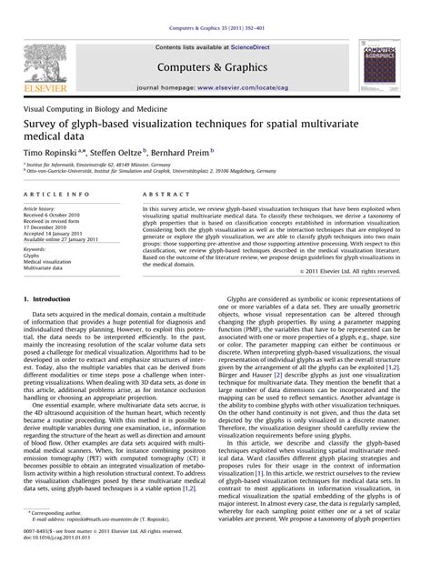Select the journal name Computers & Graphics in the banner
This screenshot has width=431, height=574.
pos(215,65)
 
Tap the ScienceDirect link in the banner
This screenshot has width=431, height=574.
pos(256,45)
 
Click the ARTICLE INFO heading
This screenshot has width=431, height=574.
pos(55,195)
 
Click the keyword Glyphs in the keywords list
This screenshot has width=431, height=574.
pos(34,256)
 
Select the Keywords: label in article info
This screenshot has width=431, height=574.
pos(37,249)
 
